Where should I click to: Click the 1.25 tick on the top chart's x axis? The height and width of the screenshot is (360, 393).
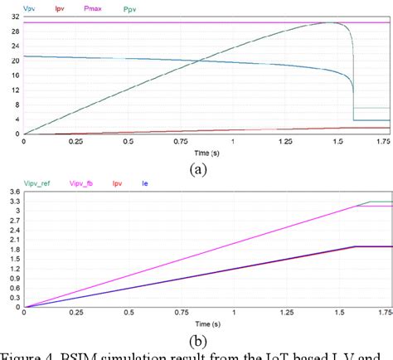(x=285, y=142)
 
